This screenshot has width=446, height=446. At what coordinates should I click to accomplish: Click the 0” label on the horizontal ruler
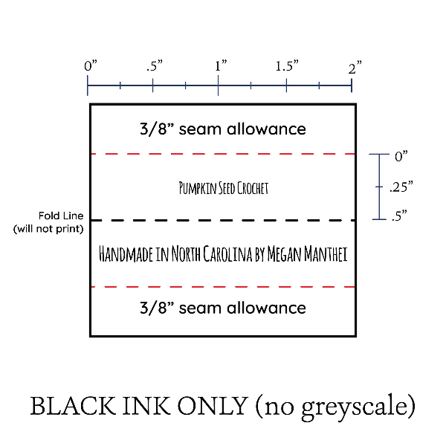tap(91, 65)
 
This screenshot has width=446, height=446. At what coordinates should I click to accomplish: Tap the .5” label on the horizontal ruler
tap(155, 65)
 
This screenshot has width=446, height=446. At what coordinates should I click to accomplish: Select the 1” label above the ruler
tap(221, 65)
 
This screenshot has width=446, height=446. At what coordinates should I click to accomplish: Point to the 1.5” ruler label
tap(287, 65)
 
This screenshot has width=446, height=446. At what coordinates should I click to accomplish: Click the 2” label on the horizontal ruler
tap(355, 68)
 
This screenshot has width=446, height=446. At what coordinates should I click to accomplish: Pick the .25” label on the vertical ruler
tap(401, 187)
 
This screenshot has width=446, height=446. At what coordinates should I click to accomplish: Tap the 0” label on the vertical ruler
tap(401, 156)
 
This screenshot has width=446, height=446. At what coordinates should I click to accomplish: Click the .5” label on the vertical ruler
tap(399, 216)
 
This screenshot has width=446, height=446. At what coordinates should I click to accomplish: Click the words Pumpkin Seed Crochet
tap(224, 188)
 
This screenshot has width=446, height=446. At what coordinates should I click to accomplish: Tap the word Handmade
tap(126, 253)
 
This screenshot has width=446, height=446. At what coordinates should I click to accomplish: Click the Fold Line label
tap(61, 216)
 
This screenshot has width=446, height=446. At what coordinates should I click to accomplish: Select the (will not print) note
tap(48, 229)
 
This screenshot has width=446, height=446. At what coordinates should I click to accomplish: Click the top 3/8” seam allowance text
tap(223, 129)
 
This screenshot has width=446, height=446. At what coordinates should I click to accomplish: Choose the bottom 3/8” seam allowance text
tap(223, 308)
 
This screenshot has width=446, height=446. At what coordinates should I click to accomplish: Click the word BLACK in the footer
tap(73, 406)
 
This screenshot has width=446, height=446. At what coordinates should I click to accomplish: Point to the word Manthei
tap(326, 253)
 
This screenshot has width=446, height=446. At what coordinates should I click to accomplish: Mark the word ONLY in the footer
tap(212, 406)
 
